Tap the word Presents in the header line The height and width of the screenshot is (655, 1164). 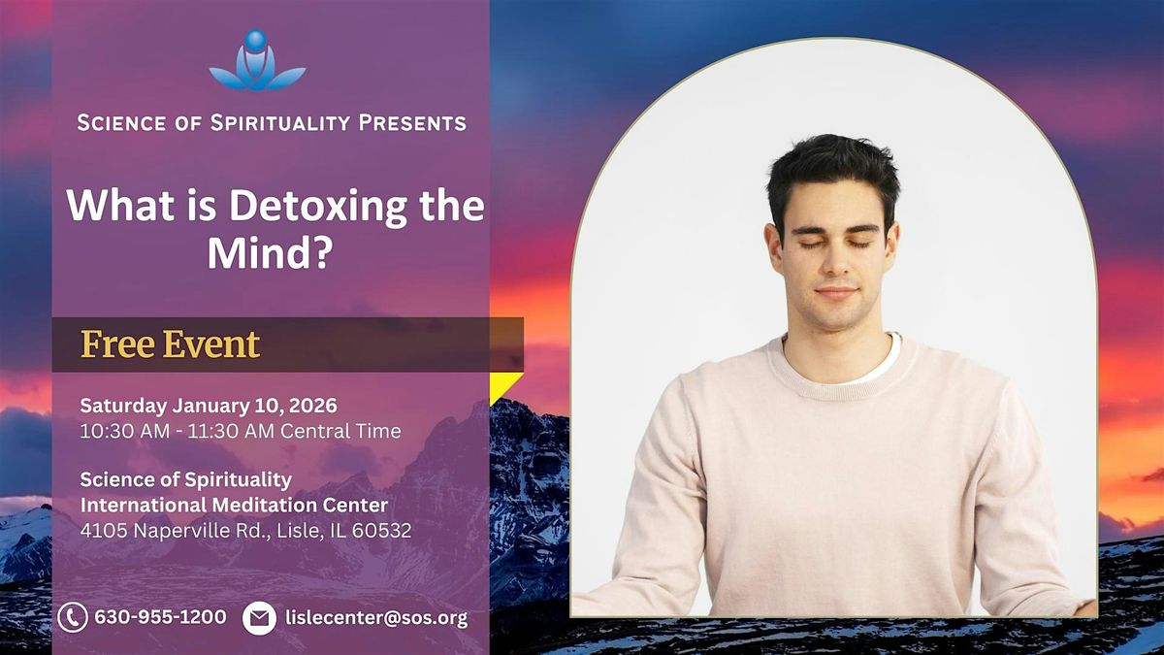click(x=412, y=123)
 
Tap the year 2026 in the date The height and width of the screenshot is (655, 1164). click(x=311, y=406)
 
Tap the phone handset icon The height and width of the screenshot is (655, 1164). click(x=72, y=617)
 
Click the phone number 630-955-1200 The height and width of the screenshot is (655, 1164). click(x=160, y=617)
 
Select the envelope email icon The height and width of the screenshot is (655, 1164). click(x=259, y=617)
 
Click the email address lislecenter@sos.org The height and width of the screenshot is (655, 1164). click(x=376, y=617)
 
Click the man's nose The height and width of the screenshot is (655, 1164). click(x=835, y=265)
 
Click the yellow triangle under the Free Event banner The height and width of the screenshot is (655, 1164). click(x=502, y=384)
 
